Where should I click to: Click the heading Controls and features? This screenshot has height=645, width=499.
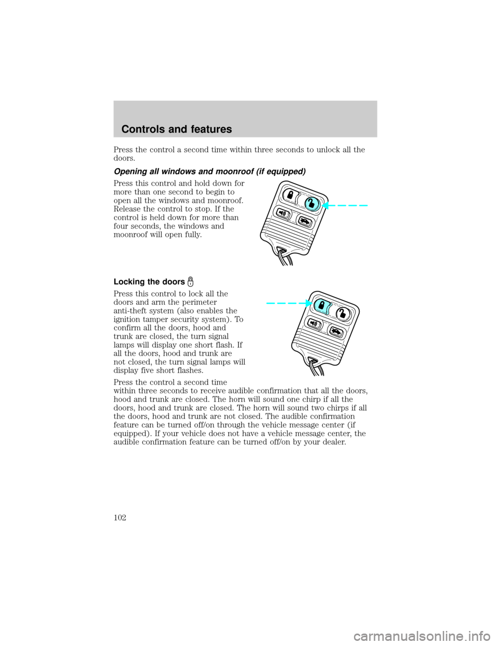176,129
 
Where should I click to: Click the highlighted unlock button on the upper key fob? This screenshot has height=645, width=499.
312,204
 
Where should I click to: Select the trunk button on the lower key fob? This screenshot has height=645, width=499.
336,332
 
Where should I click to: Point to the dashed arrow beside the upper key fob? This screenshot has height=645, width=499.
346,206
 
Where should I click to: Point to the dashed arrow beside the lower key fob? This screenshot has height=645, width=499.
288,303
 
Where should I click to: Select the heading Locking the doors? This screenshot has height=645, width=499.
149,281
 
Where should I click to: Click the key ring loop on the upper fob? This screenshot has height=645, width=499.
285,256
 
